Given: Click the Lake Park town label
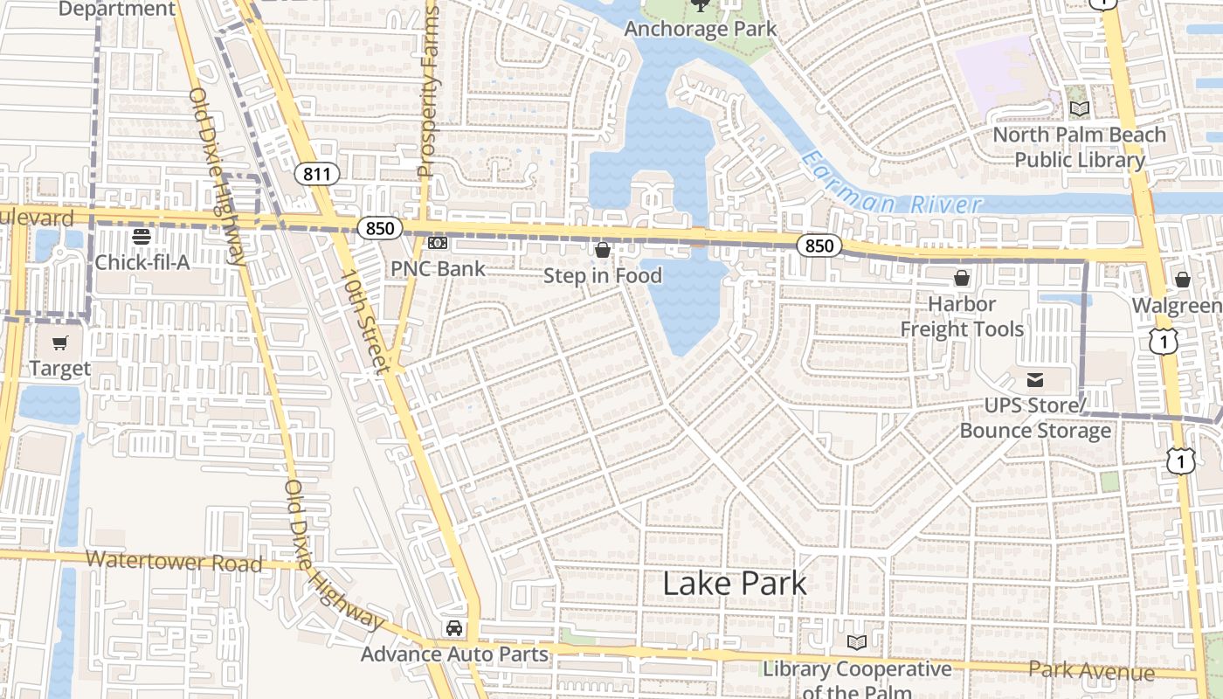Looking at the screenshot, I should pyautogui.click(x=735, y=583).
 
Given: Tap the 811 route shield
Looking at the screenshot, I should pyautogui.click(x=316, y=174).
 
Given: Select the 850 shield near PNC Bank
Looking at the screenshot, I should pyautogui.click(x=380, y=229).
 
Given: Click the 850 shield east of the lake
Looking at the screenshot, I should pyautogui.click(x=819, y=246).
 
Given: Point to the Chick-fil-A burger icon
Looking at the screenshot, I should pyautogui.click(x=142, y=236).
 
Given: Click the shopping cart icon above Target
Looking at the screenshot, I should pyautogui.click(x=59, y=343).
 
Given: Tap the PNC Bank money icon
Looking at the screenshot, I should pyautogui.click(x=438, y=243).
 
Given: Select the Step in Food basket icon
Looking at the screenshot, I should pyautogui.click(x=602, y=251).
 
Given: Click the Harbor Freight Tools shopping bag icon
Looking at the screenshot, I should pyautogui.click(x=962, y=278).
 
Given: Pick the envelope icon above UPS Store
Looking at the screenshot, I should pyautogui.click(x=1035, y=380).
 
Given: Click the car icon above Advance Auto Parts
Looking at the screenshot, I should pyautogui.click(x=454, y=627).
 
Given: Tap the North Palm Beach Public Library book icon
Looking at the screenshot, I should pyautogui.click(x=1080, y=109).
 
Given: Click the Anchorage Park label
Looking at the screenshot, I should pyautogui.click(x=701, y=29).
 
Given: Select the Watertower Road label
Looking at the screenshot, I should pyautogui.click(x=174, y=562).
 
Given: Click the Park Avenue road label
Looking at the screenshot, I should pyautogui.click(x=1091, y=671).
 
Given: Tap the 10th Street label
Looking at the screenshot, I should pyautogui.click(x=364, y=321).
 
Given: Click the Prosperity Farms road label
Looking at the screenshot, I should pyautogui.click(x=427, y=92).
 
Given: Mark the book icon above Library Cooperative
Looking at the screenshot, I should pyautogui.click(x=857, y=643).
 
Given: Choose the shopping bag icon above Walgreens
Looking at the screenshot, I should pyautogui.click(x=1182, y=280).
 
